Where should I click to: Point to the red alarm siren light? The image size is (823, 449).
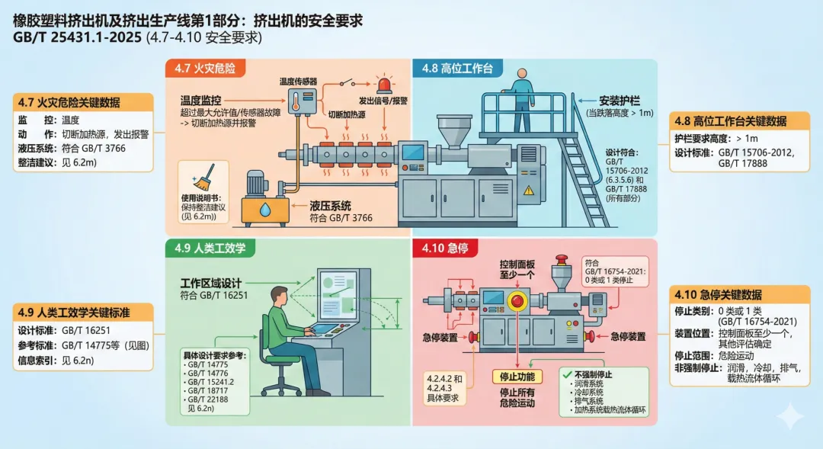(383, 82)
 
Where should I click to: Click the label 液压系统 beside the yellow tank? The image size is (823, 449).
(331, 205)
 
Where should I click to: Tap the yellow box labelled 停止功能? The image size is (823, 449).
(517, 377)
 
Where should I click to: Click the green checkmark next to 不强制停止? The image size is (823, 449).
(565, 374)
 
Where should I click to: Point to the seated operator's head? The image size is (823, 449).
(280, 294)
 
